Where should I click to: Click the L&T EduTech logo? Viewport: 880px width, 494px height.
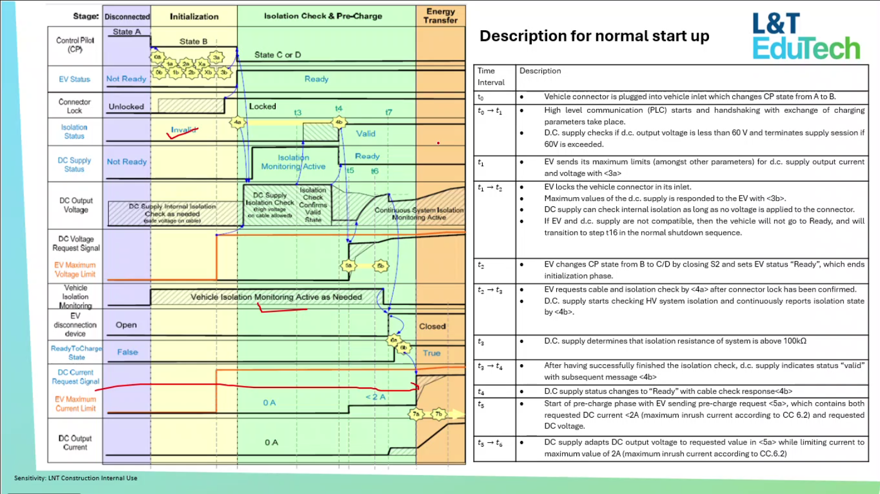pos(805,37)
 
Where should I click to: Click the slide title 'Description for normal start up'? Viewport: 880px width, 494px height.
pos(594,36)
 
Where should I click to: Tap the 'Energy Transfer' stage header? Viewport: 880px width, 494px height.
pos(440,16)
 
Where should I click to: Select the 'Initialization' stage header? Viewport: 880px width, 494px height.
pos(194,17)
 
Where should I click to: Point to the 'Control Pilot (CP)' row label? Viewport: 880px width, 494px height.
pos(75,45)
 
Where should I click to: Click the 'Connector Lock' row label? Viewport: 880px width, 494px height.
pos(75,106)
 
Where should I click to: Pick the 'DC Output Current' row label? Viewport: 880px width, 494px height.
pos(75,443)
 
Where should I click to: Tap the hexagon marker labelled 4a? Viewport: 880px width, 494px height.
pos(238,122)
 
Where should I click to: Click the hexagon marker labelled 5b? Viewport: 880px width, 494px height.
pos(380,266)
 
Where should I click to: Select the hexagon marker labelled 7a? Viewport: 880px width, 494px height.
pos(416,414)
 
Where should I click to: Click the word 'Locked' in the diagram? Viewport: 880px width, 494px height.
pos(262,107)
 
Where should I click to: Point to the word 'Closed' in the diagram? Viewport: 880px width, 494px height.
pos(432,326)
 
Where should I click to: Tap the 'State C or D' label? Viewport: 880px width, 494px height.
pos(278,55)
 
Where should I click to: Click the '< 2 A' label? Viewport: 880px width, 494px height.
pos(375,397)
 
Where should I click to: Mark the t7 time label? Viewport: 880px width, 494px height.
pos(389,112)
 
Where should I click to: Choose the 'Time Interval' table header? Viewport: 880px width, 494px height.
pos(491,76)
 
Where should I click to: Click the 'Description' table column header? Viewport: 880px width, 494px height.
pos(540,71)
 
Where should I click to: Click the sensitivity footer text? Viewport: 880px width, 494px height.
pos(76,478)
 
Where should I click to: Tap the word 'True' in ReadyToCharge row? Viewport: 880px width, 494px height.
pos(431,353)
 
